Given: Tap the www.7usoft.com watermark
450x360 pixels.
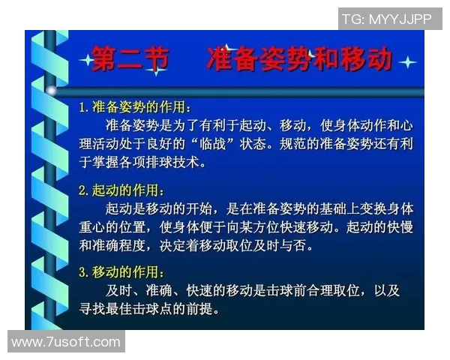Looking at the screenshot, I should pyautogui.click(x=66, y=342).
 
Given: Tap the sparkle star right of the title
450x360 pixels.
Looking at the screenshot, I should pyautogui.click(x=407, y=61).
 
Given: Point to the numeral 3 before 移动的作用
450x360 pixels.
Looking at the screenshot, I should pyautogui.click(x=83, y=272).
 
